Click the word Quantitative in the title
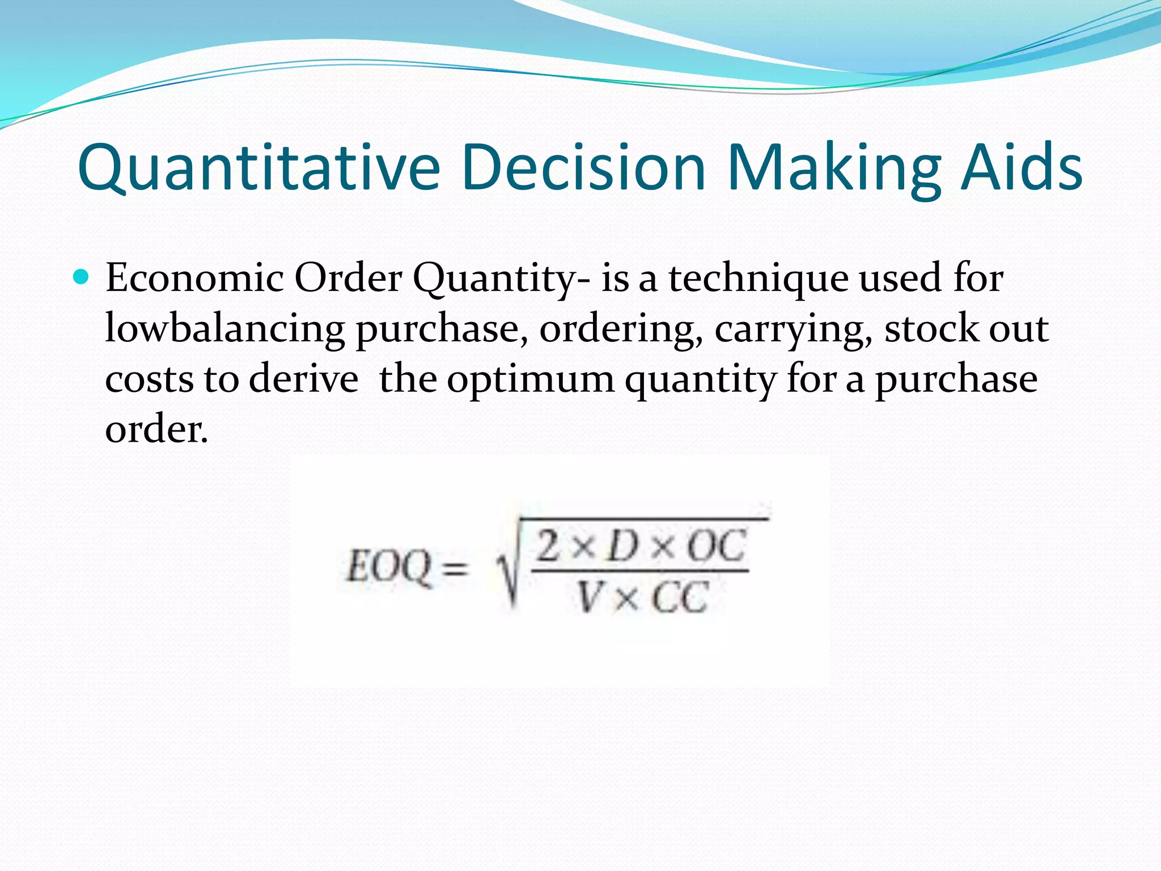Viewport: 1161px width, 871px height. click(259, 168)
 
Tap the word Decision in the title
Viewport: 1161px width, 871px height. click(584, 168)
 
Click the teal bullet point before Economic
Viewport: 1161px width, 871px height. click(82, 277)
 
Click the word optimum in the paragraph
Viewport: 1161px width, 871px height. click(531, 379)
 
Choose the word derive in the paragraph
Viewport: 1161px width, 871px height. click(303, 378)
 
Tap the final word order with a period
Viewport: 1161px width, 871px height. click(156, 429)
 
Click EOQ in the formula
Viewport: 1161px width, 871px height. click(388, 567)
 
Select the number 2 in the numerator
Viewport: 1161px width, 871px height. click(548, 545)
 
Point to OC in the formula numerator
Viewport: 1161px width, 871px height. click(715, 546)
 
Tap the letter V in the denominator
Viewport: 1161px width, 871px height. click(590, 597)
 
